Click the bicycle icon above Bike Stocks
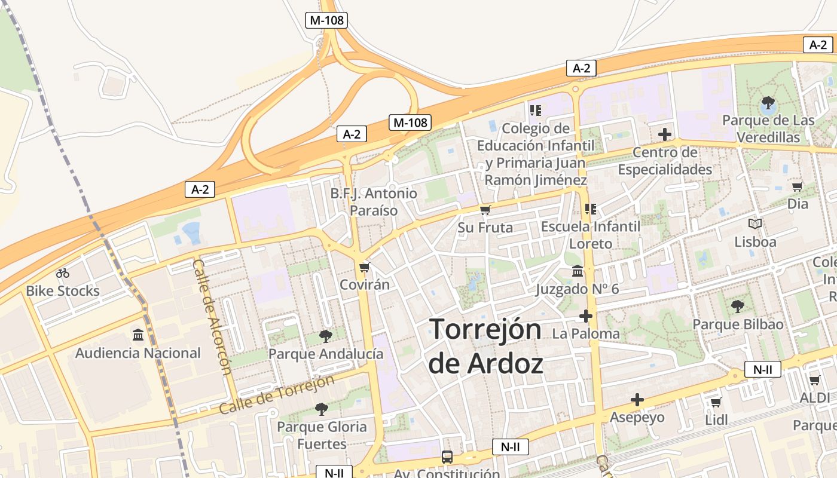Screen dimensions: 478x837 tap(63, 273)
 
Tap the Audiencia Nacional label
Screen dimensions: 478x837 tap(138, 353)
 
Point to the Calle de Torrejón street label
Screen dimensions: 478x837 tap(276, 395)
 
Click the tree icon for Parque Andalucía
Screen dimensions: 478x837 tap(326, 336)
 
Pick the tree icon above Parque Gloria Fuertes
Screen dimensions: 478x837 tap(322, 409)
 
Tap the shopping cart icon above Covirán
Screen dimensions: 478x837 tap(364, 267)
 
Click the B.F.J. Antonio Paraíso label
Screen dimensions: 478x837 tap(374, 202)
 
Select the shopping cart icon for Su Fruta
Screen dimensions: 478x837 tap(485, 210)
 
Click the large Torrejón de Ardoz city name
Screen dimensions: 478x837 tap(485, 346)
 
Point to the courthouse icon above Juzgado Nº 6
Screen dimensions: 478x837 tap(578, 271)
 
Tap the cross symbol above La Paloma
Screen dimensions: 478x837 tap(586, 315)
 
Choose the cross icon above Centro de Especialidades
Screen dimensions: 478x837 tap(665, 134)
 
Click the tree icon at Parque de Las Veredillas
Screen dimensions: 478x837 tap(768, 103)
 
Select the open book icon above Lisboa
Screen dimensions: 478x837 tap(755, 224)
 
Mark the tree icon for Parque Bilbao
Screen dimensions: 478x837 tap(738, 307)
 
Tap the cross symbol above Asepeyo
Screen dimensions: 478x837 tap(637, 399)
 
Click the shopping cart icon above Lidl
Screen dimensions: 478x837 tap(716, 402)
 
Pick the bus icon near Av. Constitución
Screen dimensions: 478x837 tap(447, 457)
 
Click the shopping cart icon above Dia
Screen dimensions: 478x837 tap(797, 186)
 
